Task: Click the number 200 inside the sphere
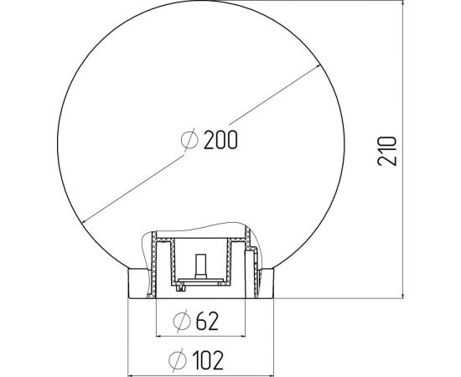(x=220, y=141)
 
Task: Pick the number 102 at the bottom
(x=206, y=359)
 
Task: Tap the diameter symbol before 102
(x=177, y=359)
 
